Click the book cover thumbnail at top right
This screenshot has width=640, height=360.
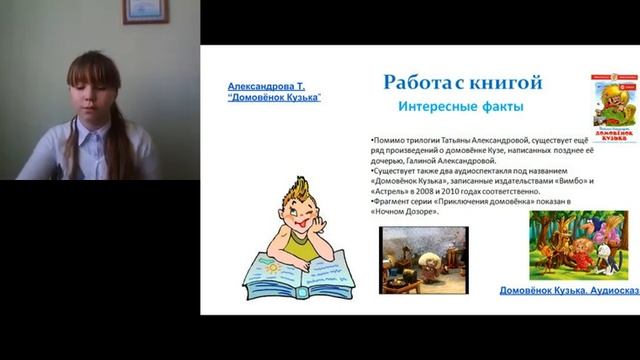click(613, 106)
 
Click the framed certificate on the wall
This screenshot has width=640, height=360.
click(146, 11)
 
